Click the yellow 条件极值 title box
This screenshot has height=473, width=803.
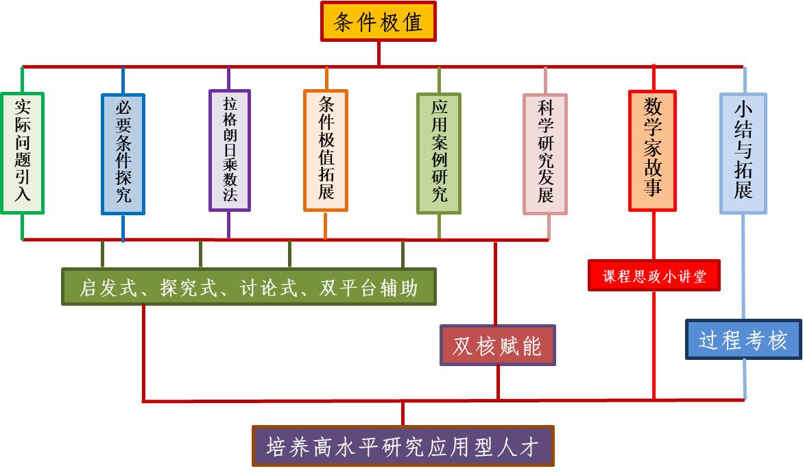pos(378,22)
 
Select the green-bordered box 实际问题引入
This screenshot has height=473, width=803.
pos(22,152)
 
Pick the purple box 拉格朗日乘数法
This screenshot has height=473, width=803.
pos(229,149)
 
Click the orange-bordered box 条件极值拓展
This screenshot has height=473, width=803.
pos(326,149)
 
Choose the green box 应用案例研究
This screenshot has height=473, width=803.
pos(439,153)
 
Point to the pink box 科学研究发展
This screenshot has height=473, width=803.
pos(545,154)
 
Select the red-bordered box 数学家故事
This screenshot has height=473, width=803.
pos(653,150)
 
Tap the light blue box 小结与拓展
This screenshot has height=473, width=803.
pos(743,153)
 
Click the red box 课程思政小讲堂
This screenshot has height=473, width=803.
pos(654,276)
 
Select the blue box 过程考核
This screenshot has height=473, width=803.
pos(743,339)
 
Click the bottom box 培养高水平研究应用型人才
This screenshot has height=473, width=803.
pos(403,446)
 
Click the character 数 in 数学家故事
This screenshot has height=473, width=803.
pos(653,108)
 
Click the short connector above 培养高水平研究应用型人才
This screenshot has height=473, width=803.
pos(403,413)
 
